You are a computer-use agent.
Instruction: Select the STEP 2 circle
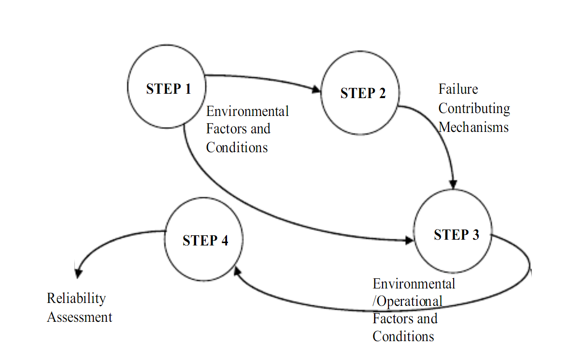[x=361, y=93]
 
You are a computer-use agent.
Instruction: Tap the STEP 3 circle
[x=453, y=231]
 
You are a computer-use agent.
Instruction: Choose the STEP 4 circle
[x=203, y=240]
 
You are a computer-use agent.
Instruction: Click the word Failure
[x=458, y=89]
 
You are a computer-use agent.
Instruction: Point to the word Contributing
[x=474, y=109]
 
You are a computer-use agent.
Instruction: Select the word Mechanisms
[x=473, y=128]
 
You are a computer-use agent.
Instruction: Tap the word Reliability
[x=76, y=298]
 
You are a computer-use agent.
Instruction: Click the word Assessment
[x=79, y=317]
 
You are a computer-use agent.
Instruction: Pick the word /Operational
[x=407, y=302]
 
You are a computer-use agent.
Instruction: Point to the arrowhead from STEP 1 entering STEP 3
[x=409, y=240]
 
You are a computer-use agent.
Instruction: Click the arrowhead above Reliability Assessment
[x=77, y=274]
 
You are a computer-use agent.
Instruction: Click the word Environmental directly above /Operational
[x=414, y=283]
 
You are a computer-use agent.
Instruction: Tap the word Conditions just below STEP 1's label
[x=237, y=147]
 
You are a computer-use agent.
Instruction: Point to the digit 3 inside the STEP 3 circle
[x=475, y=235]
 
